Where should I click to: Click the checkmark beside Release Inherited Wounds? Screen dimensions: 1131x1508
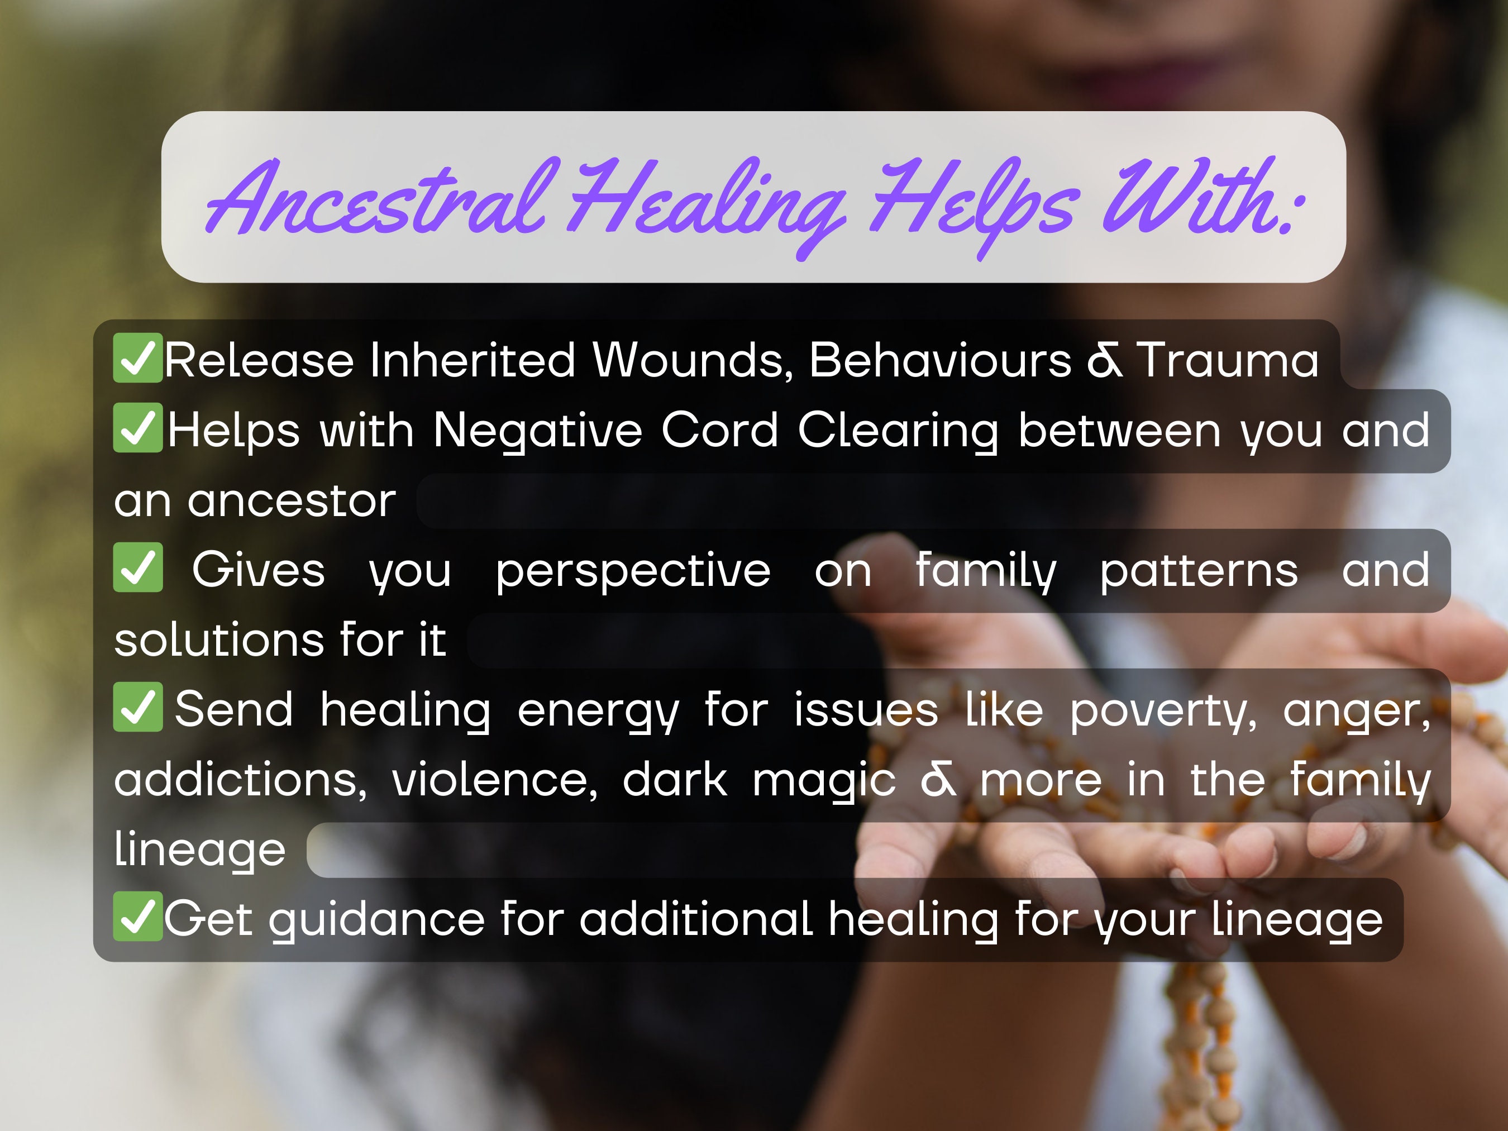(138, 358)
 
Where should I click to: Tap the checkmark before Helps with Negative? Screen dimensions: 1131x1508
(138, 428)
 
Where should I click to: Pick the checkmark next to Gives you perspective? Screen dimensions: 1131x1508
(138, 568)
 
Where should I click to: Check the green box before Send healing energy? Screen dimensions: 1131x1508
(138, 707)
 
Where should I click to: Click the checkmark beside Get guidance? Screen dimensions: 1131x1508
(138, 917)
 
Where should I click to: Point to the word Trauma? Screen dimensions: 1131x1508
(1228, 360)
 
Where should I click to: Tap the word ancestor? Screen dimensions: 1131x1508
(291, 502)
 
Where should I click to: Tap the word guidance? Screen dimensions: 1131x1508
(376, 921)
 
